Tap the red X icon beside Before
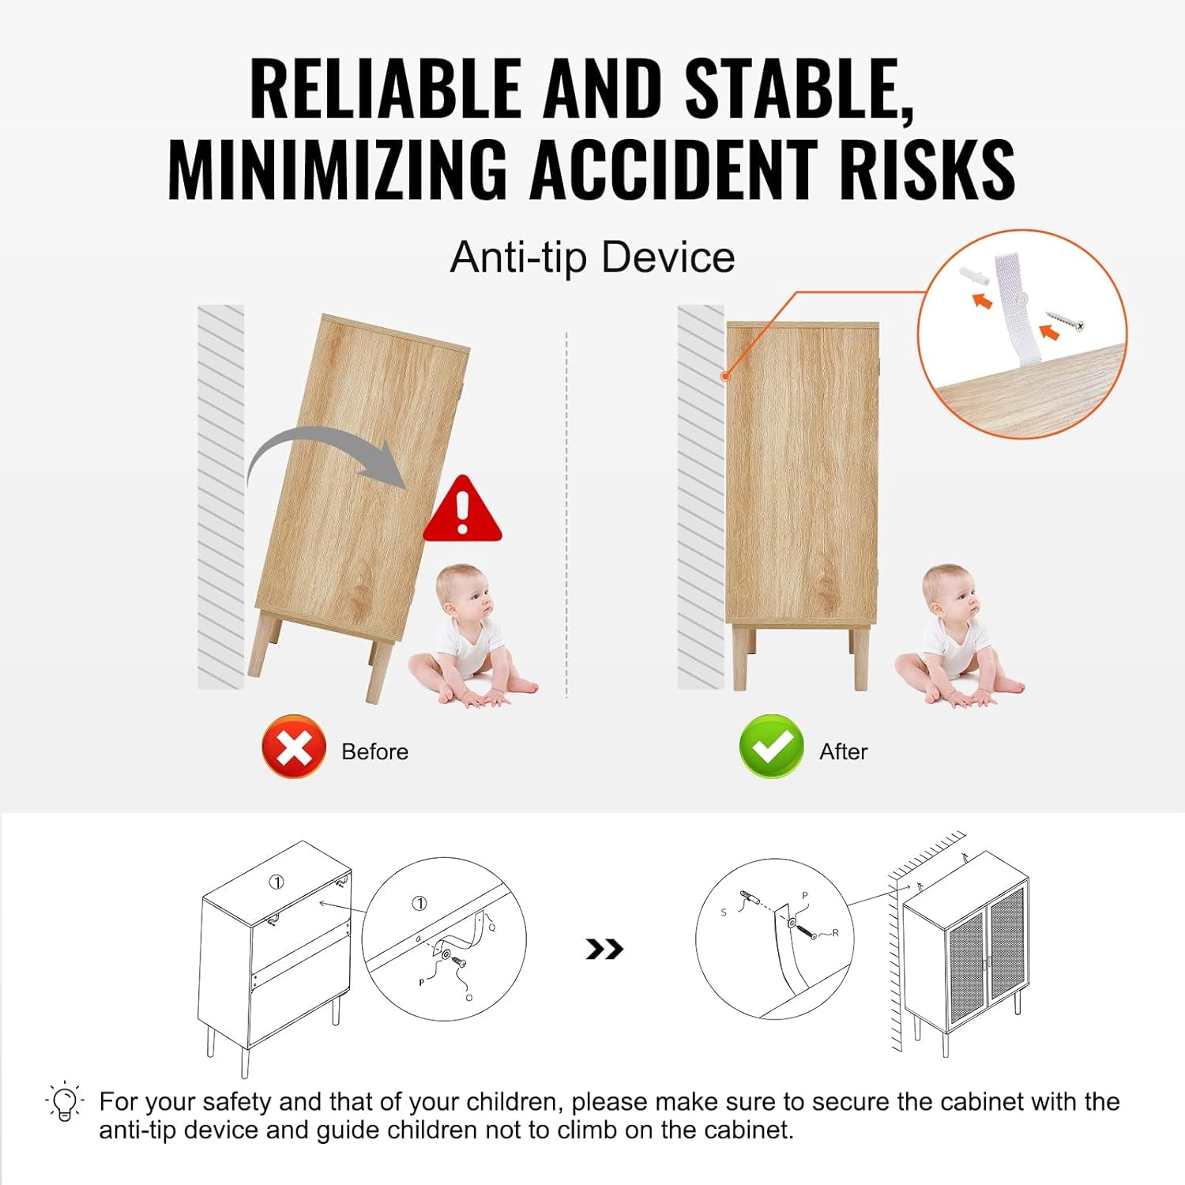tap(294, 747)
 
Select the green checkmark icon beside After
tap(771, 747)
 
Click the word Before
tap(374, 751)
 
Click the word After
tap(843, 751)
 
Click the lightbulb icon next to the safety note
tap(65, 1100)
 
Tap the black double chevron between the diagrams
tap(604, 949)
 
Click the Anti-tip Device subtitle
tap(592, 258)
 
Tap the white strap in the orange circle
tap(1018, 308)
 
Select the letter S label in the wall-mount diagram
tap(724, 912)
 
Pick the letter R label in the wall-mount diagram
tap(835, 933)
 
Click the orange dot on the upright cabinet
tap(724, 376)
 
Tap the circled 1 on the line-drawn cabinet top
tap(276, 882)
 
